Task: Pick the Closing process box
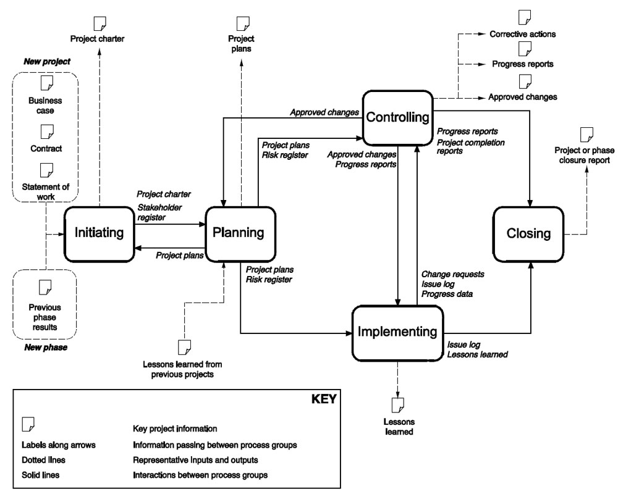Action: point(528,233)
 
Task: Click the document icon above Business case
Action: point(45,83)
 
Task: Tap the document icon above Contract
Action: point(45,131)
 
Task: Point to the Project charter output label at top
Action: point(98,39)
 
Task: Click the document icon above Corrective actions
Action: point(524,17)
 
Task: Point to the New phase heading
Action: point(45,348)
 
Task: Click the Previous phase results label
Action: point(45,317)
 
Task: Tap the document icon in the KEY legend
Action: point(28,424)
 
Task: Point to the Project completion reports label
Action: point(471,146)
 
